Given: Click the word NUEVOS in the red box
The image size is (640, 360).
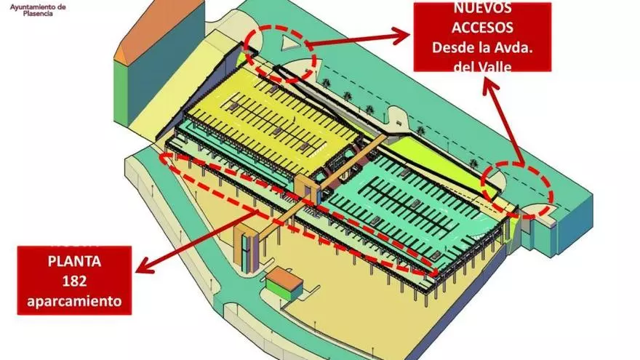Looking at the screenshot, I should coord(481,9).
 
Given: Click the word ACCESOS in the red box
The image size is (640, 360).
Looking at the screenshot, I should coord(481,28).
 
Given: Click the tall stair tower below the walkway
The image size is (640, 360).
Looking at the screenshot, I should coord(249,247).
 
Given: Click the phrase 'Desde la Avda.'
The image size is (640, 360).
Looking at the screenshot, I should coord(481,48).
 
